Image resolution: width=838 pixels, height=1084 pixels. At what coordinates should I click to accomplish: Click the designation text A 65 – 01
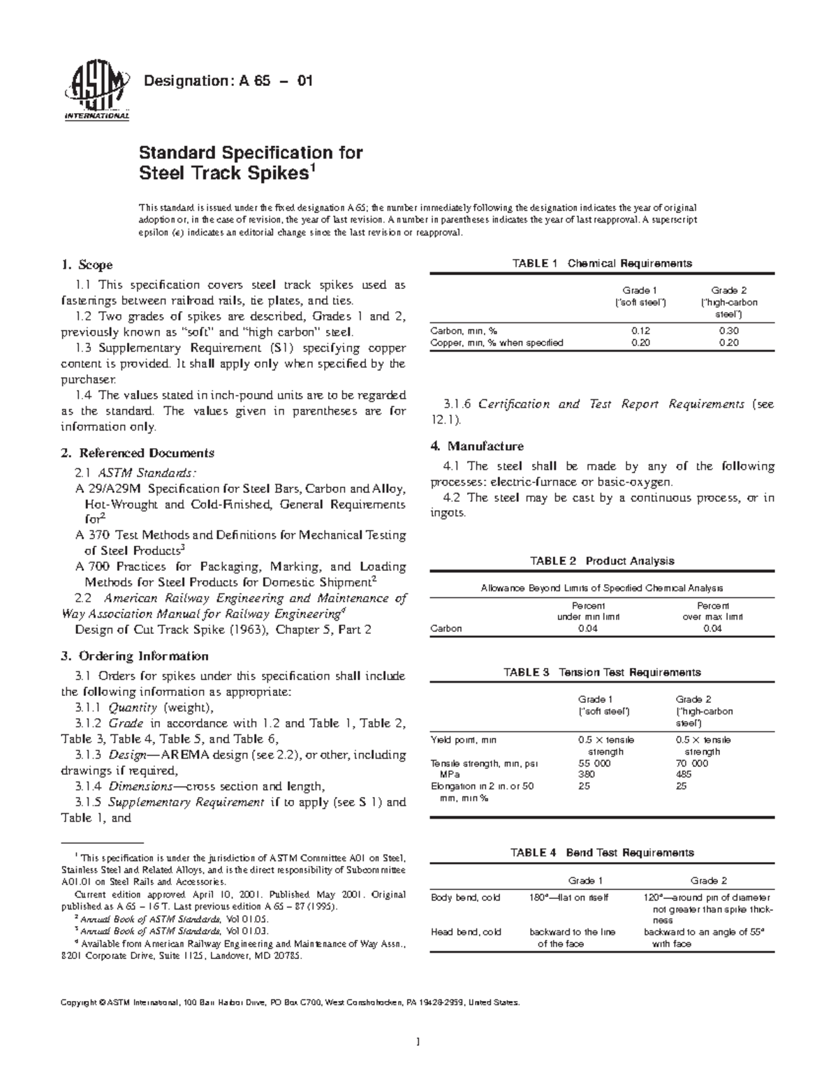(228, 81)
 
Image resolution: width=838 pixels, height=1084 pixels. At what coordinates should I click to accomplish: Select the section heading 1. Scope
(87, 265)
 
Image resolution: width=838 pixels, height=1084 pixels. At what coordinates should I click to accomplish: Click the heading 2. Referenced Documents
(138, 453)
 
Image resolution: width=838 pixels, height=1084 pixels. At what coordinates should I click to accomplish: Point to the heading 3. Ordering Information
(135, 656)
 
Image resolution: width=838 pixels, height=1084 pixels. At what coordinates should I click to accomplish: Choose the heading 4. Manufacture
(477, 446)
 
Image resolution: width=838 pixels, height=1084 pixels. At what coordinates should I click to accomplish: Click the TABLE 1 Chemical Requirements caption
(602, 263)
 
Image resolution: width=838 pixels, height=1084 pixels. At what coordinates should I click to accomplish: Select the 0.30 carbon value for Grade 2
(728, 331)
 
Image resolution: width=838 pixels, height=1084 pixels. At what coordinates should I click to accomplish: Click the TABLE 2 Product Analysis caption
(602, 560)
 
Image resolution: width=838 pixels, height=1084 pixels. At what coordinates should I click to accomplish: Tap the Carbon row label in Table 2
(446, 628)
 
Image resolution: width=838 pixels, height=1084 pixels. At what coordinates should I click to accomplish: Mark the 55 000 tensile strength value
(594, 764)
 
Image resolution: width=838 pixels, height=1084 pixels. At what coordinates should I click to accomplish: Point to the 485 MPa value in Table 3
(684, 775)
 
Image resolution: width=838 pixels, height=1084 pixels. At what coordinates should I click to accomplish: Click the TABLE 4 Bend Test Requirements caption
(602, 852)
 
